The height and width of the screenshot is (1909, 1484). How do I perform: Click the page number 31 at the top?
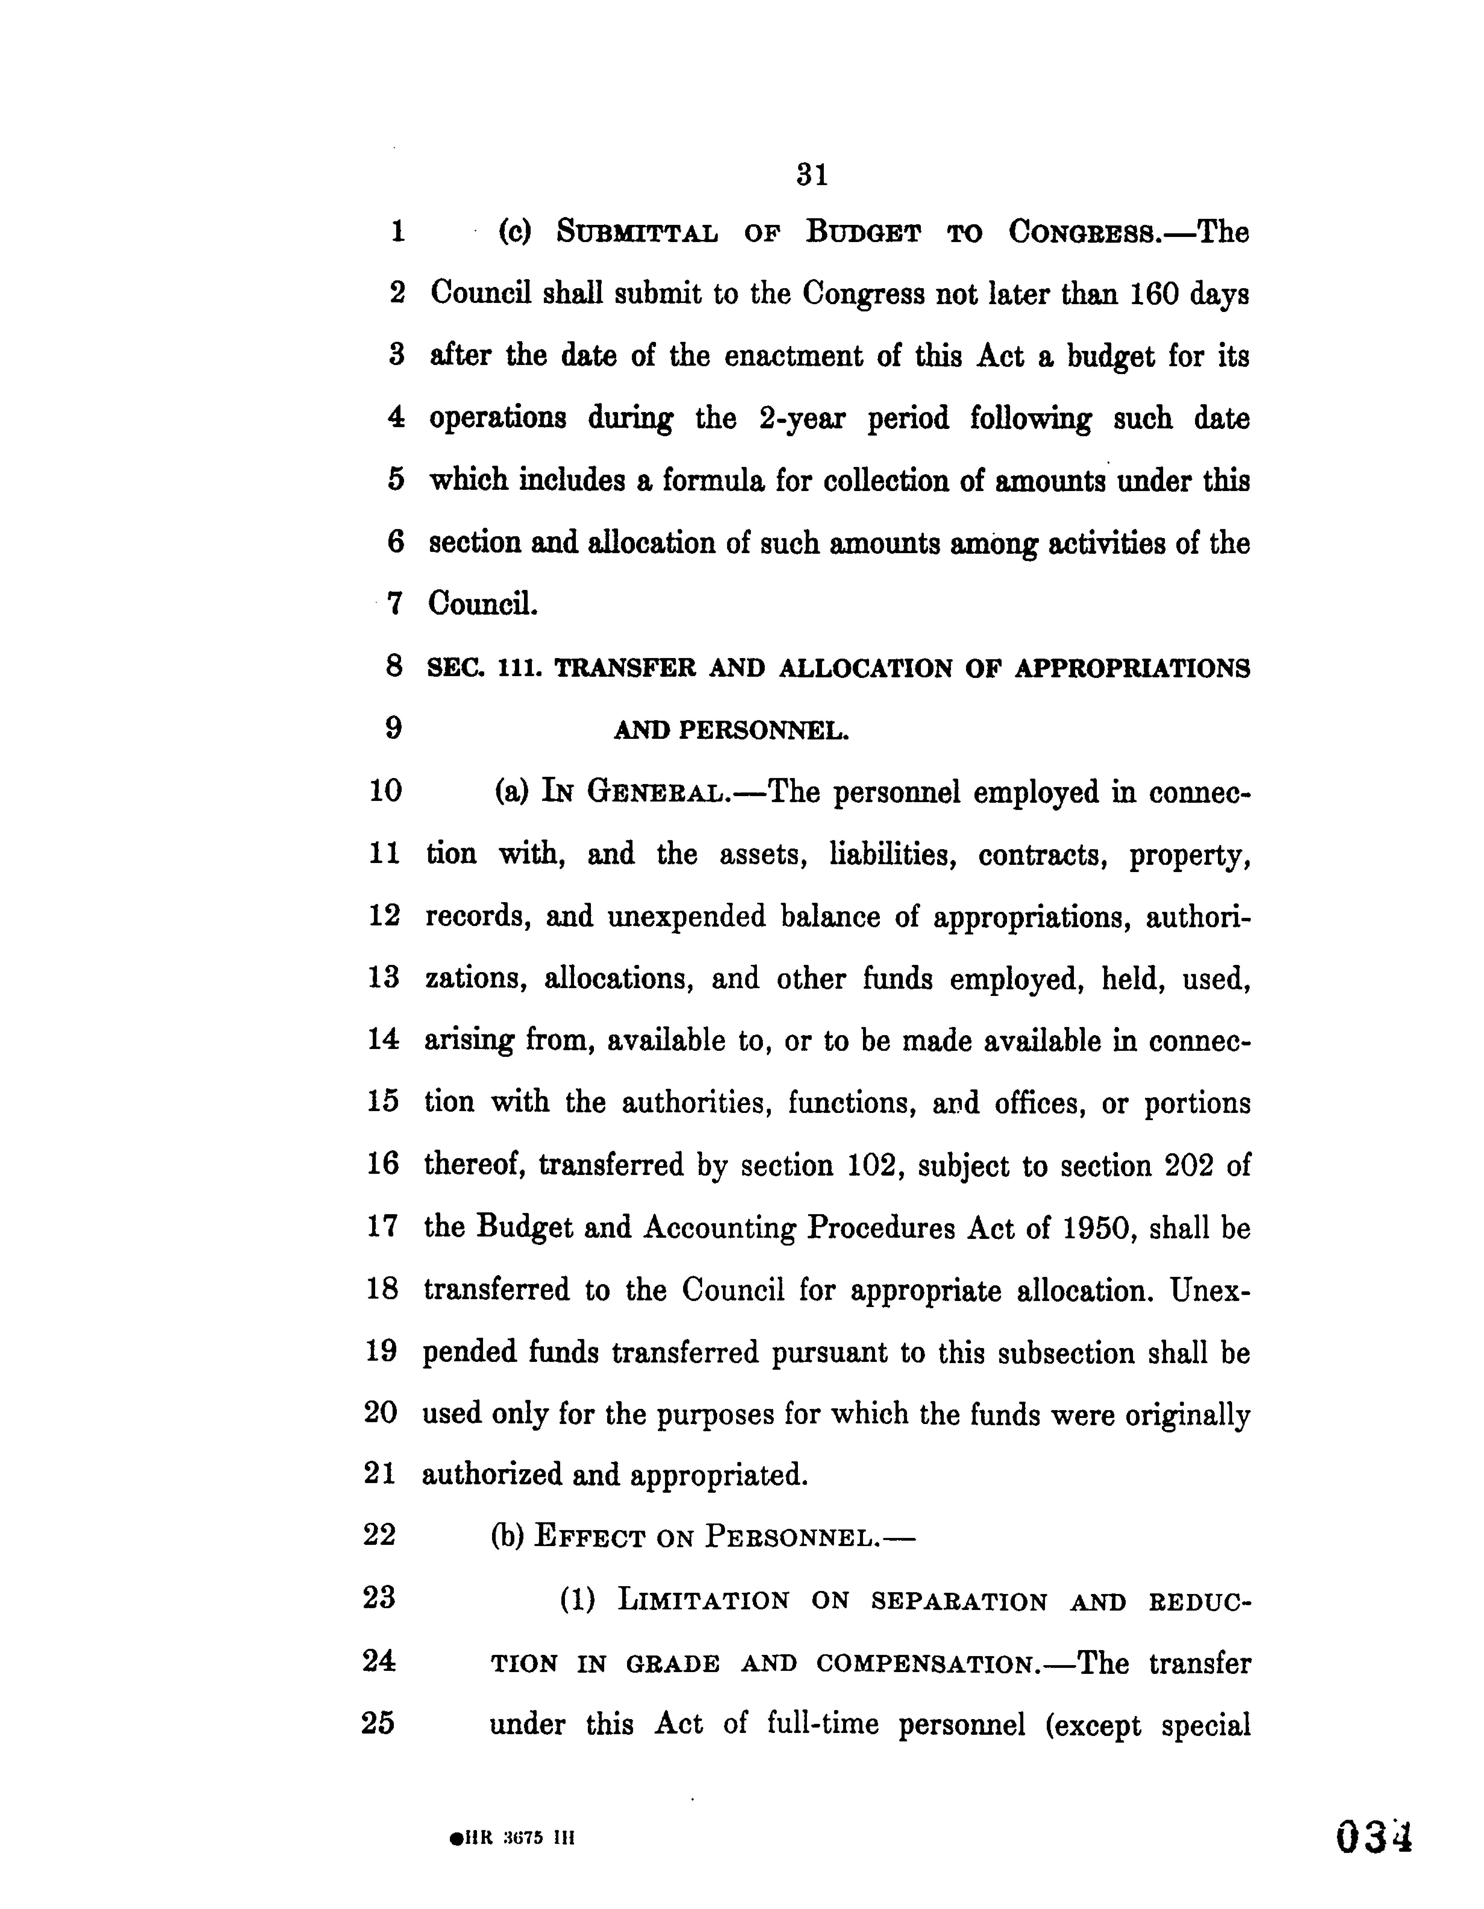point(812,176)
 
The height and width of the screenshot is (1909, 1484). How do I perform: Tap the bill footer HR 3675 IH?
point(511,1838)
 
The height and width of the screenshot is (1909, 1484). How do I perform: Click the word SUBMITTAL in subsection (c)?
point(637,233)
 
